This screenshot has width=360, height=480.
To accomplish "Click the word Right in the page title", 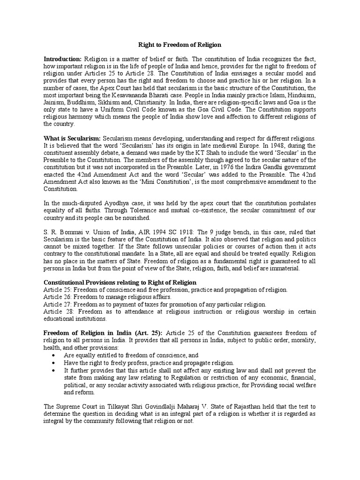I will tap(146, 45).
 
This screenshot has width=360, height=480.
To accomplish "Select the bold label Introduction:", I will tap(62, 59).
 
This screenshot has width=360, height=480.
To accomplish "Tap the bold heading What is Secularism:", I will tap(71, 139).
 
